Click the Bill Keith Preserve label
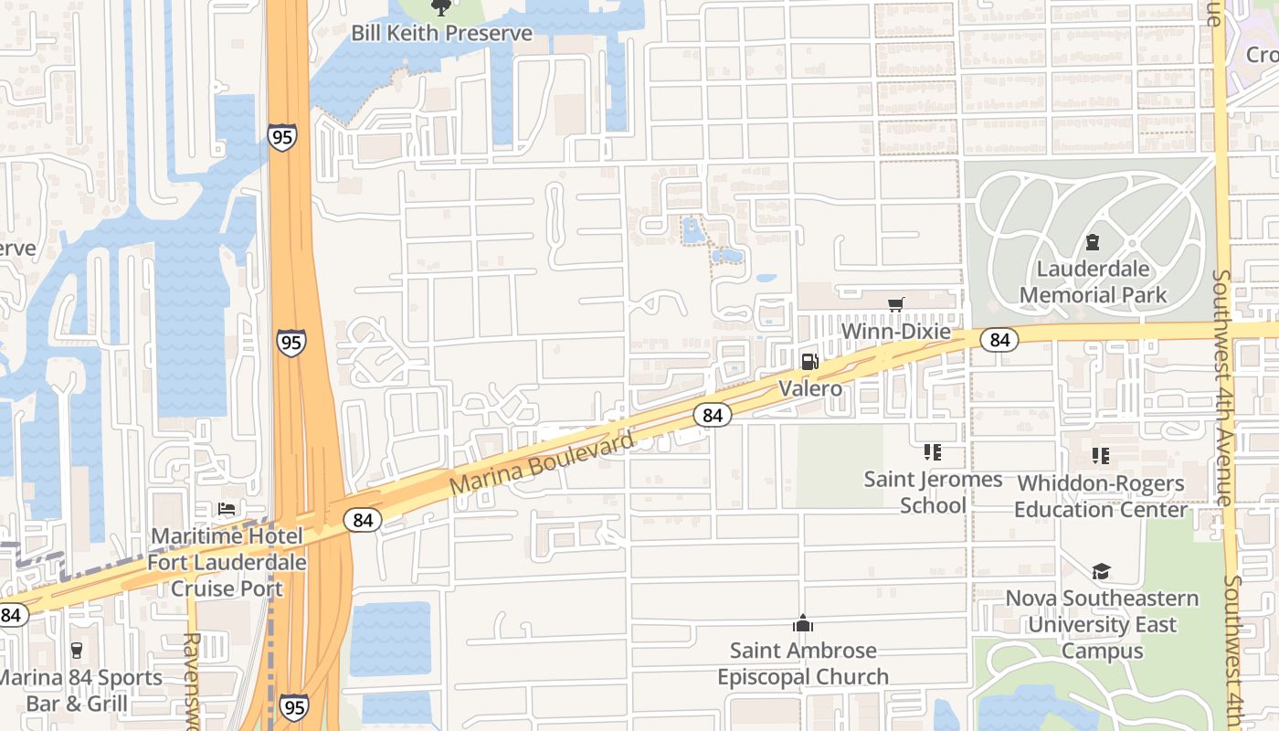(x=441, y=33)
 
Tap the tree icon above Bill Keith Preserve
(x=441, y=8)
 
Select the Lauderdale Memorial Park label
(x=1093, y=282)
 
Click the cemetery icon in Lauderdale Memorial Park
(x=1092, y=243)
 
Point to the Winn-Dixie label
(x=895, y=331)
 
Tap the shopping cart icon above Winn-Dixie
(x=895, y=304)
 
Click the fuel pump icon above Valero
(x=809, y=362)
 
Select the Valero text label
(x=809, y=388)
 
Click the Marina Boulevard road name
(x=542, y=464)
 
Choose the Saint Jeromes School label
(x=933, y=492)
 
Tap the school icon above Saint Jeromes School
(x=932, y=452)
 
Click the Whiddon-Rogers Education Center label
(x=1100, y=495)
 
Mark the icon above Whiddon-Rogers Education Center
(x=1100, y=455)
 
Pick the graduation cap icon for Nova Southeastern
(x=1101, y=572)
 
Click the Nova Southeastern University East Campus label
(x=1102, y=625)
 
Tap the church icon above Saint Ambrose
(x=803, y=624)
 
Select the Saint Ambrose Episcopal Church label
(x=803, y=663)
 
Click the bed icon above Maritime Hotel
(x=227, y=509)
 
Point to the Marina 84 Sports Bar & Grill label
(x=80, y=690)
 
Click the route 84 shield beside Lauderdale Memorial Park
(x=999, y=340)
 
